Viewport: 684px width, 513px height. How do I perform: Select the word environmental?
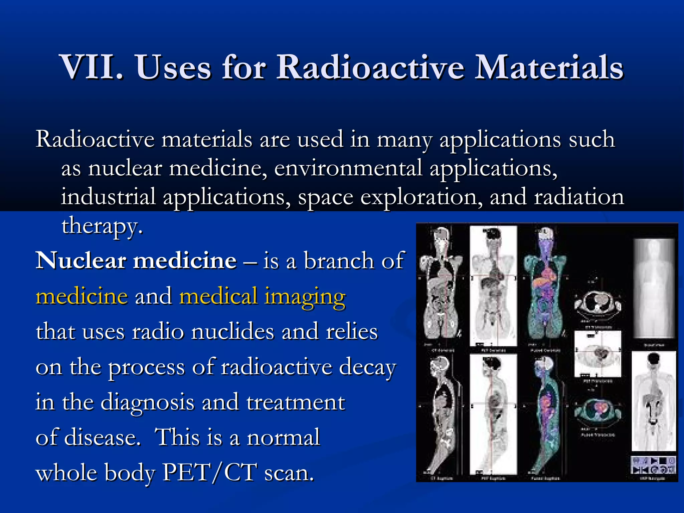pos(348,168)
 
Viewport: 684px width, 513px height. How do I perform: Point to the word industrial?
pos(108,197)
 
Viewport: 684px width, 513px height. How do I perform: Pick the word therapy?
pos(102,226)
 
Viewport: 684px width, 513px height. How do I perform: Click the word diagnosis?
pos(147,402)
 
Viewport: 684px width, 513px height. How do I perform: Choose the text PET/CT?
pos(209,473)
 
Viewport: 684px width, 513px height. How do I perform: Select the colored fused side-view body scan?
pos(545,414)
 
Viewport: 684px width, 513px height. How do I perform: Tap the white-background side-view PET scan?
pos(493,414)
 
